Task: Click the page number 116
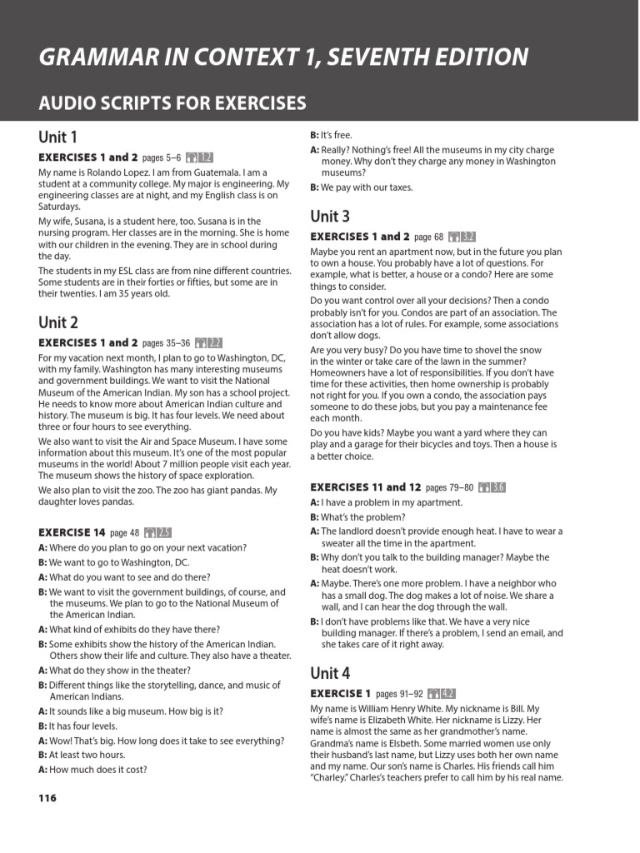47,798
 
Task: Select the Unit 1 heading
57,137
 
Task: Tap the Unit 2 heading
58,322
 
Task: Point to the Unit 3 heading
330,217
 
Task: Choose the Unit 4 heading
330,673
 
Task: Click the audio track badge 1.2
200,157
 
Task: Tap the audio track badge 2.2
208,342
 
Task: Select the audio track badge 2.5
157,532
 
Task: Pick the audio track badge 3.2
462,237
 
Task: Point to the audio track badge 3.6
491,487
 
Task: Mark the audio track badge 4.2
441,693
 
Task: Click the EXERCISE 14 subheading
72,532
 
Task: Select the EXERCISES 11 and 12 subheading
365,487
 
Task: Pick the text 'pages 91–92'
399,694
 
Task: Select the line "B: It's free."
331,135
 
